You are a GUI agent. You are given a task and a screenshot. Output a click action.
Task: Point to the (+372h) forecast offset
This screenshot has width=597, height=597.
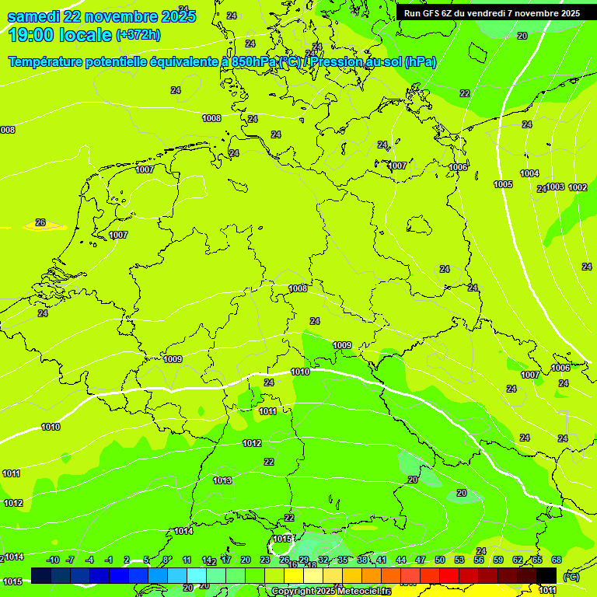point(138,35)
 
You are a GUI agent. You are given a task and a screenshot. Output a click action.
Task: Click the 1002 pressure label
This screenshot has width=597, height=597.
point(578,187)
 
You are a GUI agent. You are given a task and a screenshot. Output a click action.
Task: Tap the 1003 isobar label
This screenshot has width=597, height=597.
point(555,187)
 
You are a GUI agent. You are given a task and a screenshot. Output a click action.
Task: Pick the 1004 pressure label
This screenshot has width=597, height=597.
point(529,173)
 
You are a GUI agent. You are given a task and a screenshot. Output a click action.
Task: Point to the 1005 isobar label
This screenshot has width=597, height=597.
point(503,184)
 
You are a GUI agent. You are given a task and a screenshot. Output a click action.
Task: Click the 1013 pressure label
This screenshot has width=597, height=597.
point(222,480)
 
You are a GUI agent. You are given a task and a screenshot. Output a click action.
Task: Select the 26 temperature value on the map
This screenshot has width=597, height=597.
point(40,222)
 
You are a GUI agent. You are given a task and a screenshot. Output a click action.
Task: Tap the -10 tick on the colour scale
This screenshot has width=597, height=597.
point(53,560)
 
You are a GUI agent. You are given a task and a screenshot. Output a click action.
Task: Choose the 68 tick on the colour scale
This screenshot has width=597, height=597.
point(557,560)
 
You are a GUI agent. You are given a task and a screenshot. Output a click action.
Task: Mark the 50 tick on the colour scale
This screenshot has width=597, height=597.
point(440,560)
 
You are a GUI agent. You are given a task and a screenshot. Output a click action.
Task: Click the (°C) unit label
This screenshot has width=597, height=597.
point(571,576)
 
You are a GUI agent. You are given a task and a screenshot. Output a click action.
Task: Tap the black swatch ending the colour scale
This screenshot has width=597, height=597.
point(546,574)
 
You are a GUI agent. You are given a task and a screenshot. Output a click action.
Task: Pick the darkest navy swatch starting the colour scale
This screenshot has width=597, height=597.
point(41,574)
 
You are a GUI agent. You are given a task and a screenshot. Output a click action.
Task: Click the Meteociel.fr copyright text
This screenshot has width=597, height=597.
point(330,592)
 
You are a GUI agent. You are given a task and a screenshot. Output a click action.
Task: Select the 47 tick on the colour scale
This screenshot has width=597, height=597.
point(421,560)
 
